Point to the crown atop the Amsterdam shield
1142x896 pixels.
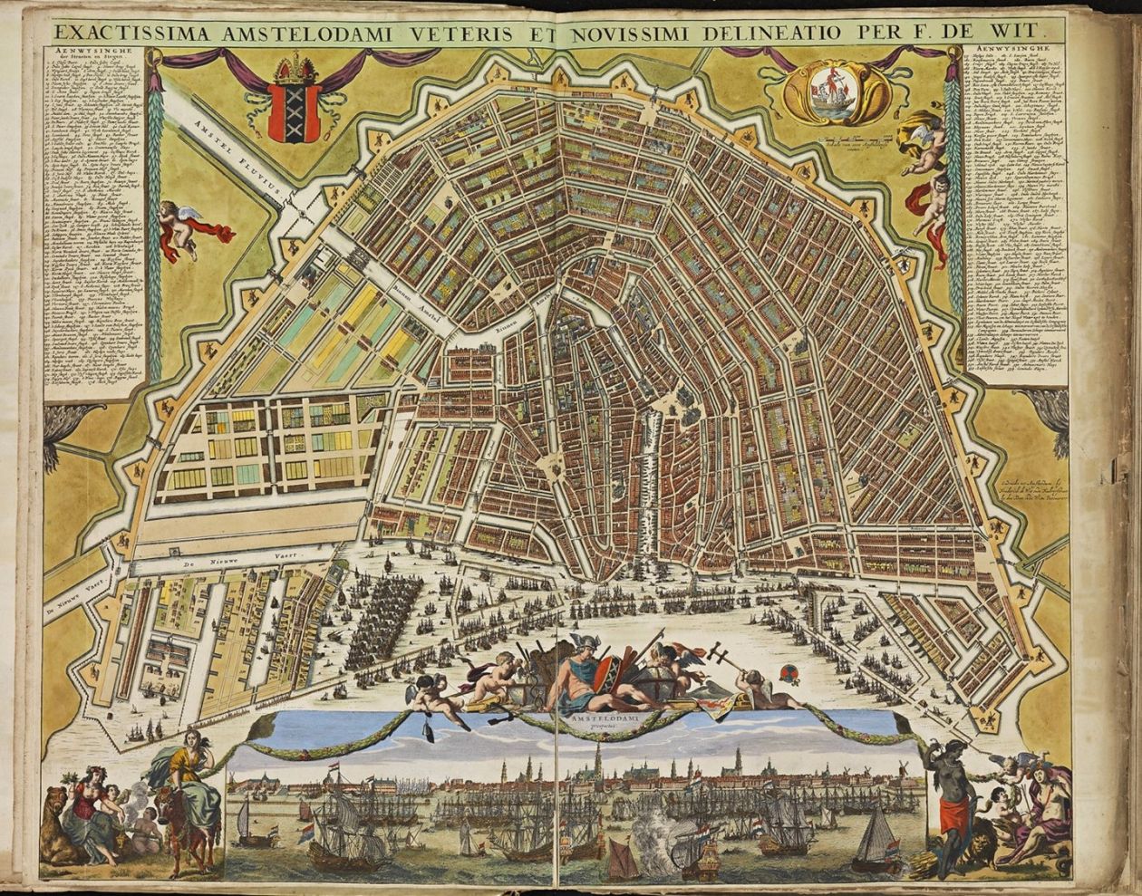pyautogui.click(x=294, y=69)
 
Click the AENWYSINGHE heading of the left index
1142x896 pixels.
pyautogui.click(x=92, y=50)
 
